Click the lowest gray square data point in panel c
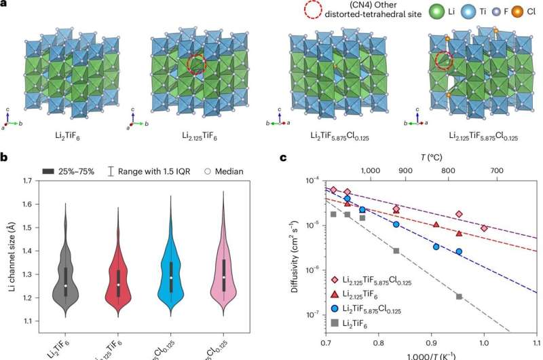[460, 296]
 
